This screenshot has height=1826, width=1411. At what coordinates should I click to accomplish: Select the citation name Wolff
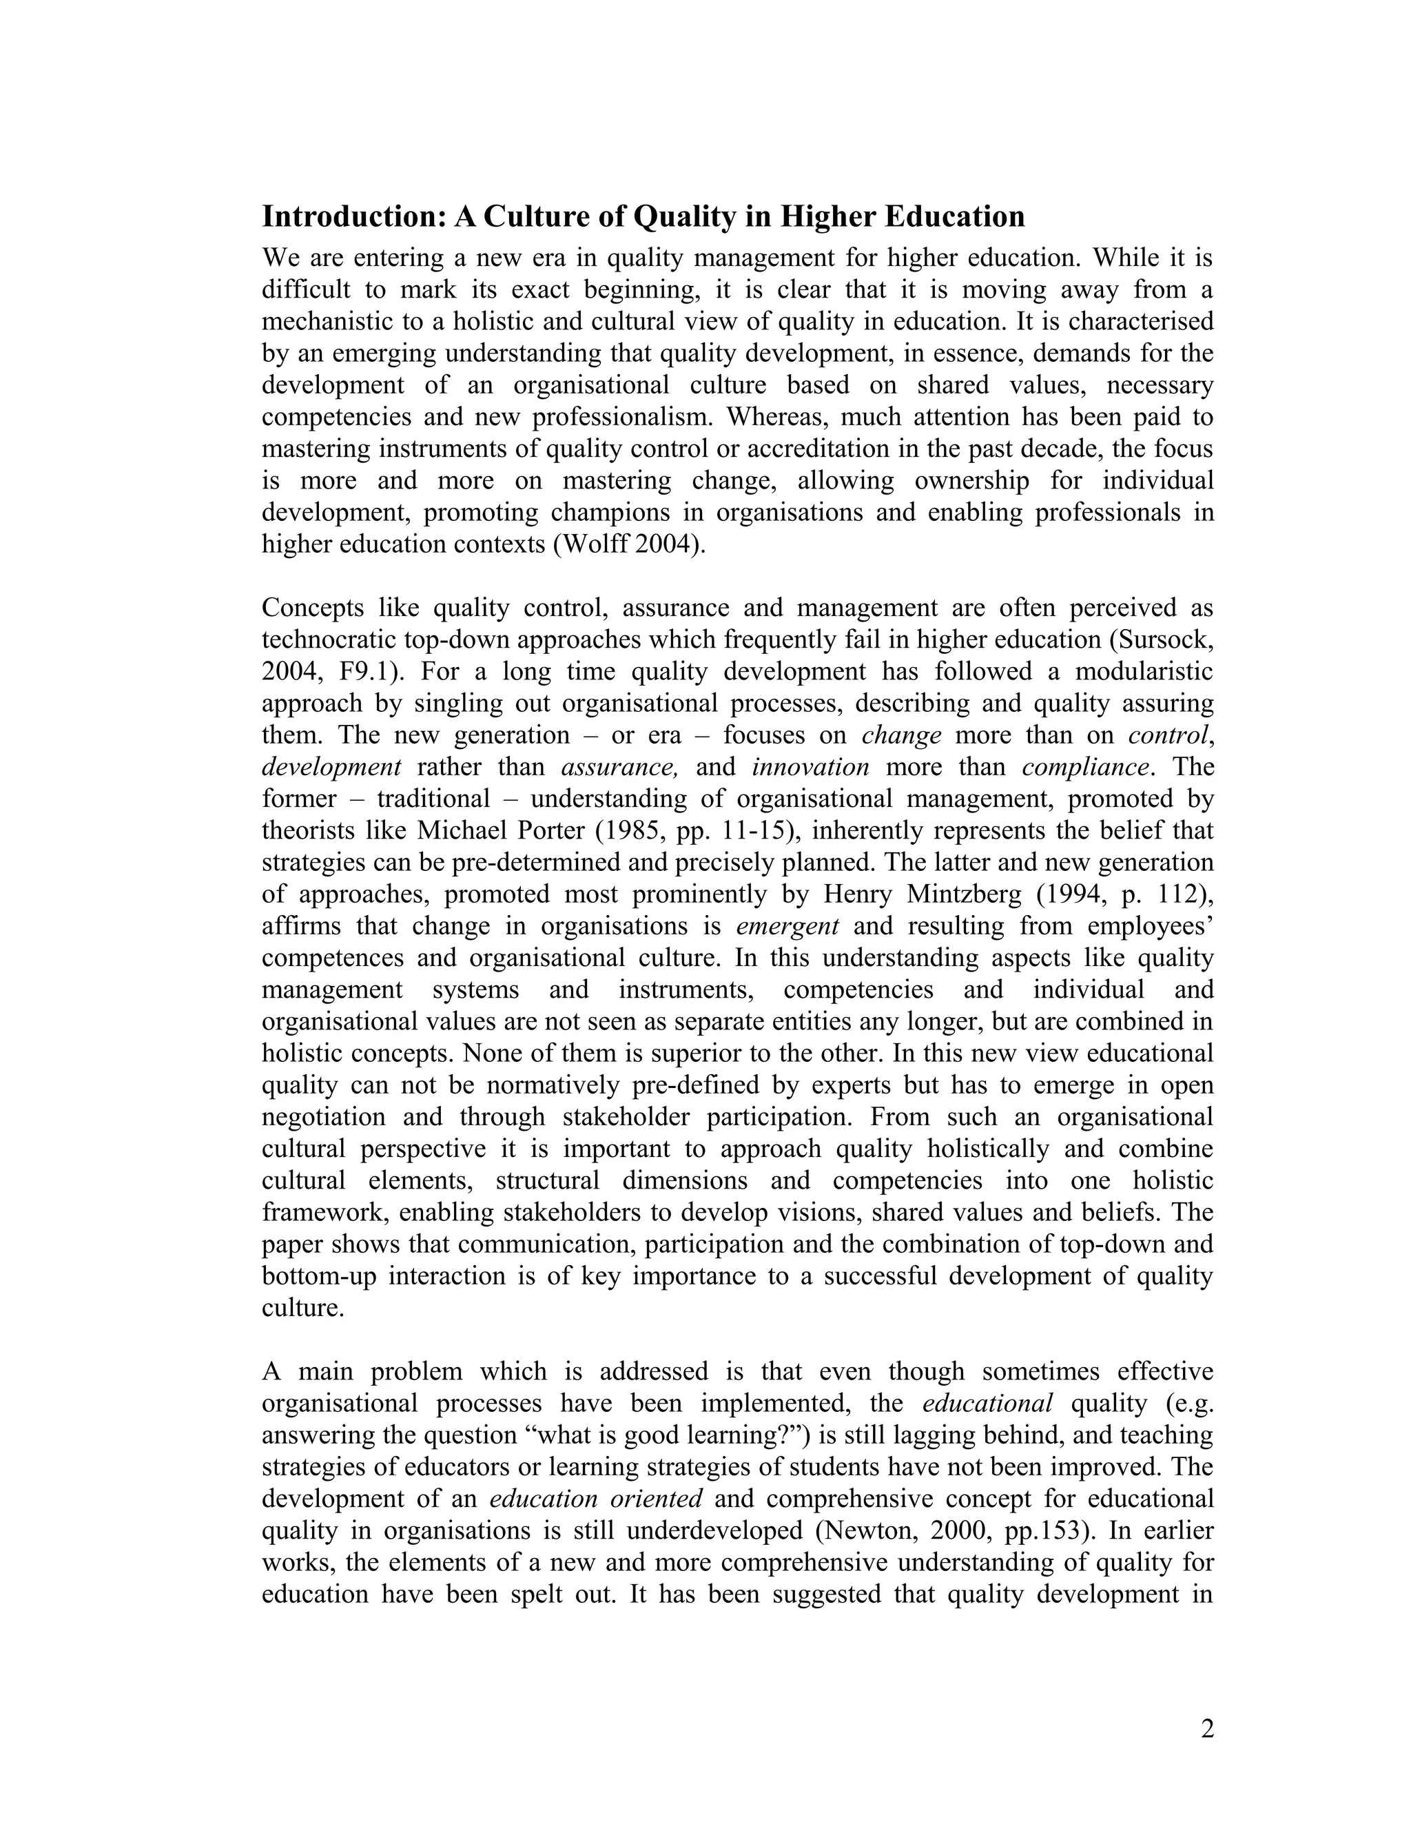pyautogui.click(x=593, y=544)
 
